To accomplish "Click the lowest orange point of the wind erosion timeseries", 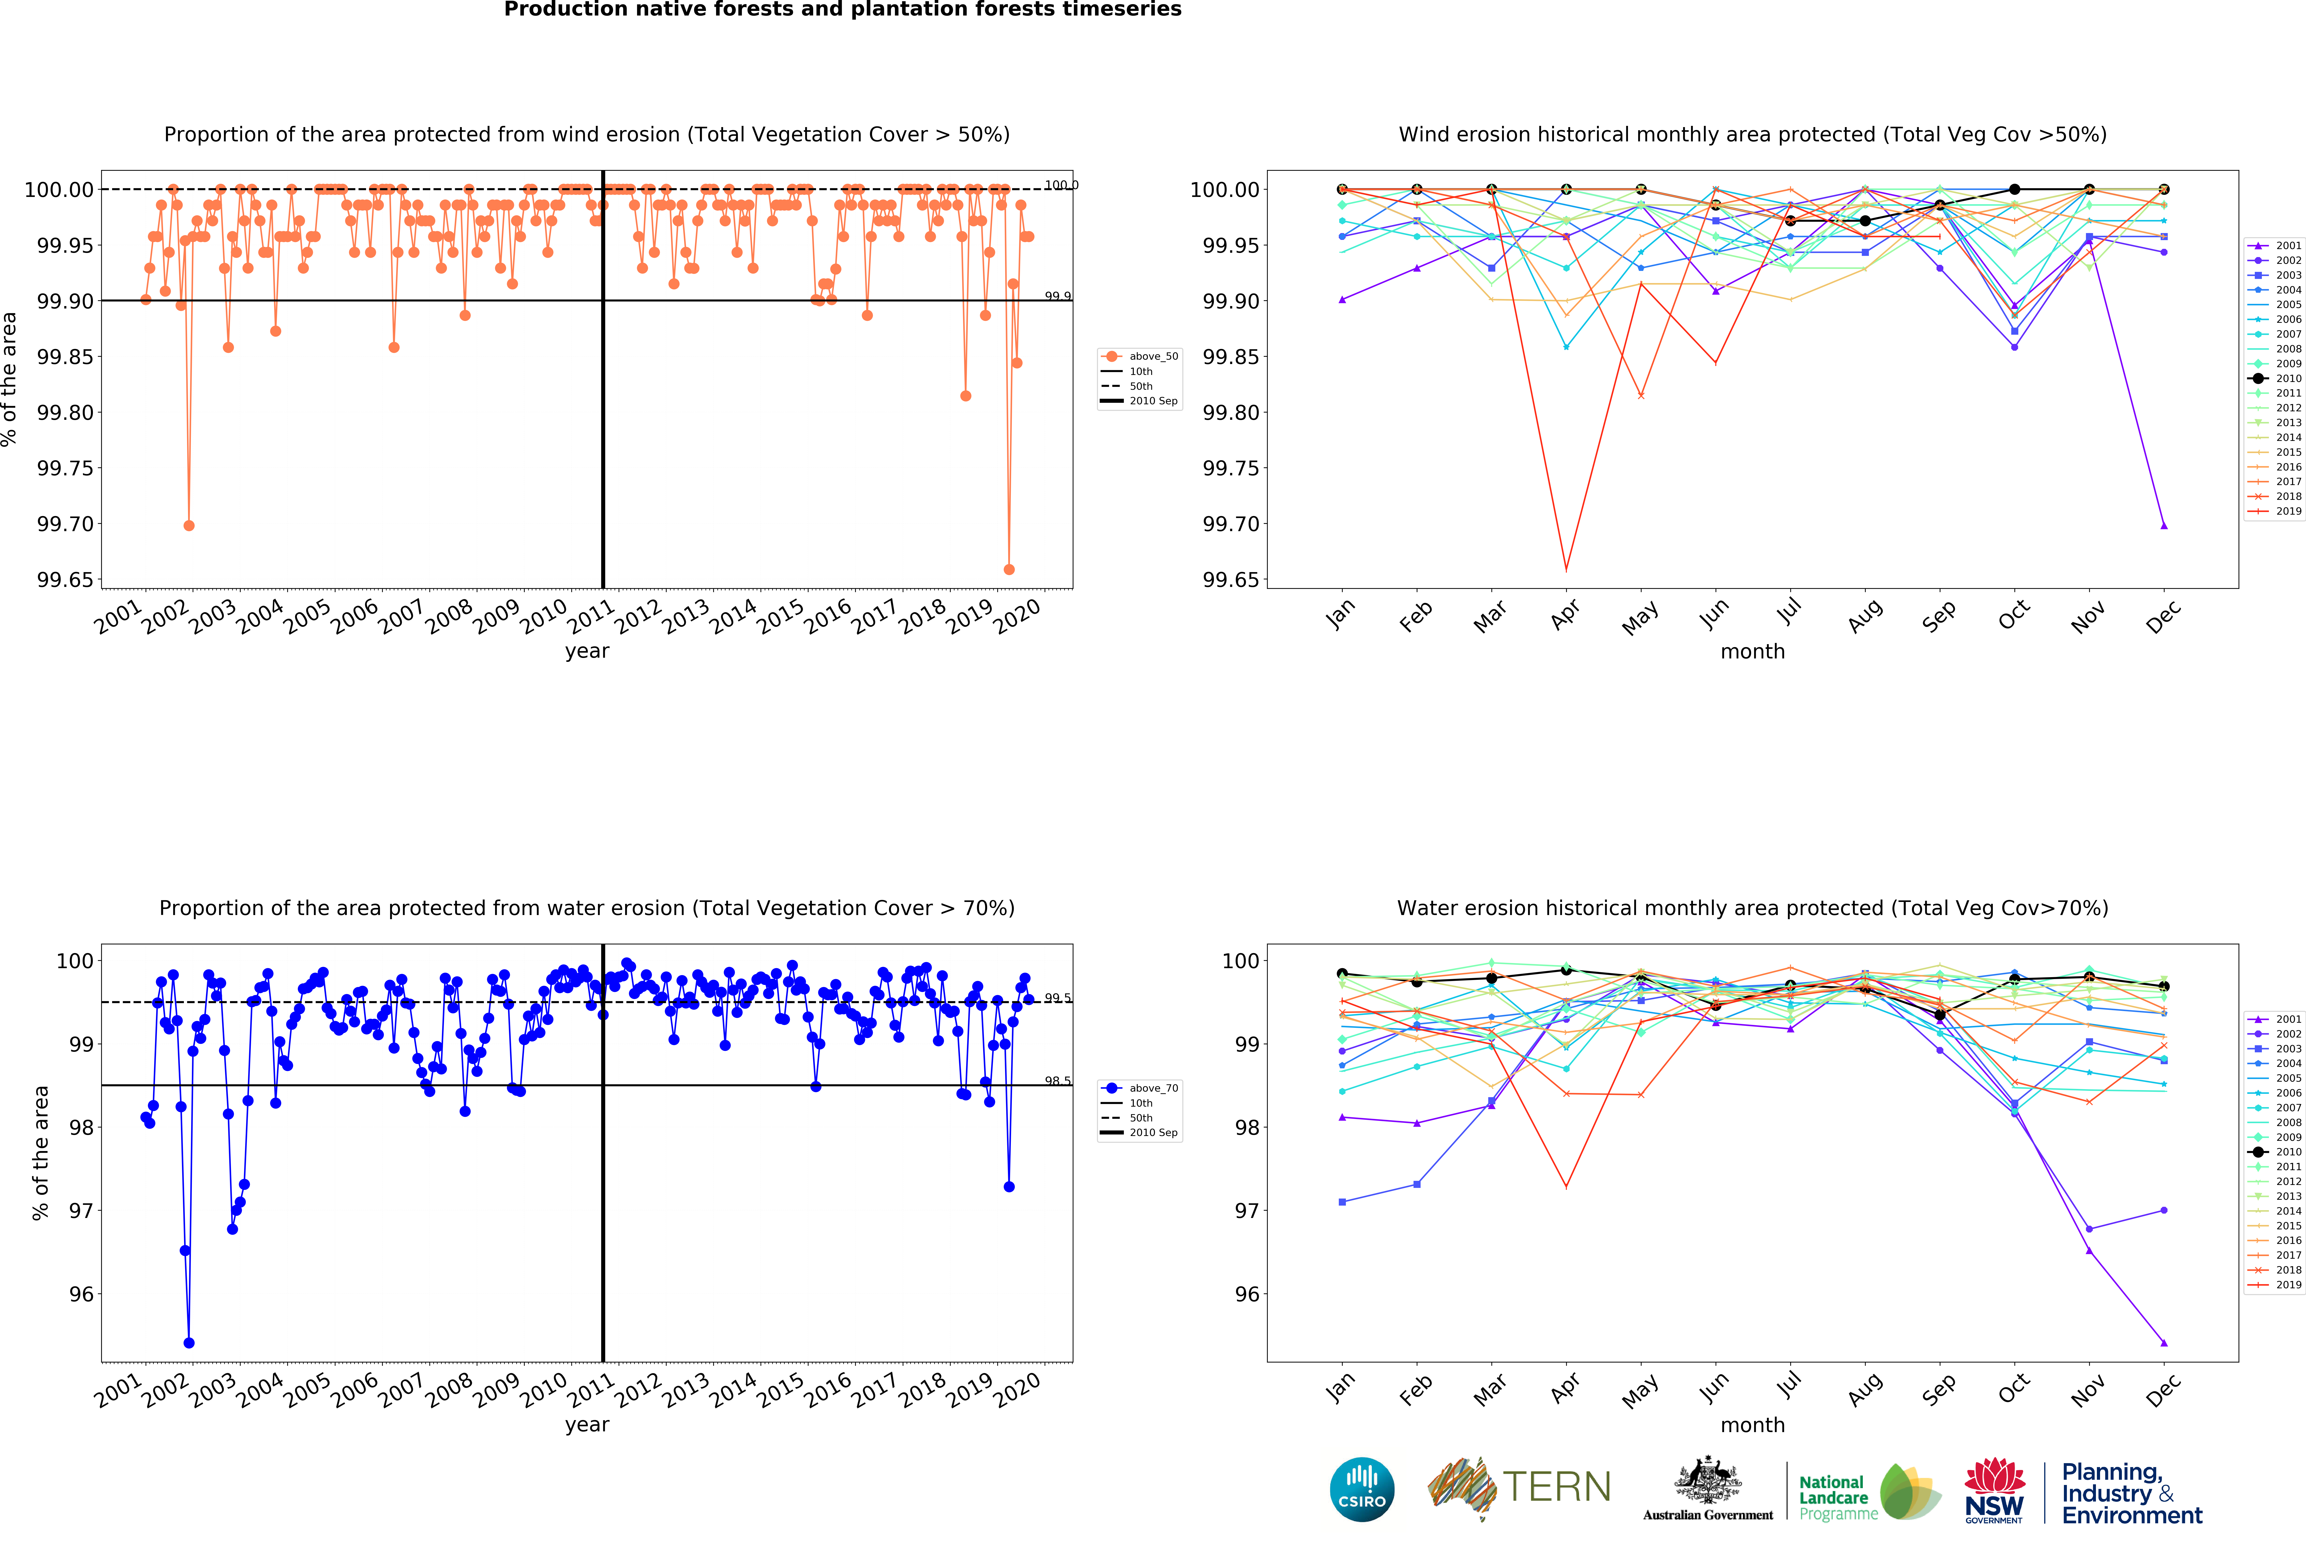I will (x=1009, y=570).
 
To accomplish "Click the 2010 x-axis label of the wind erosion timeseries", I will (x=543, y=617).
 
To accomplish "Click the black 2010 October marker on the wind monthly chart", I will (x=2015, y=190).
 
